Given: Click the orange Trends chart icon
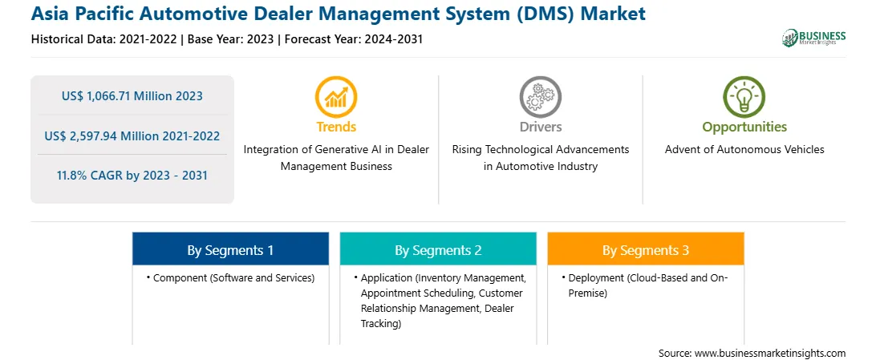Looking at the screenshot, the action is pyautogui.click(x=336, y=97).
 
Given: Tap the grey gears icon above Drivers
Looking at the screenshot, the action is pyautogui.click(x=540, y=97).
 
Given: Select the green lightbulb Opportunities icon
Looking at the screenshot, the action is pyautogui.click(x=744, y=97).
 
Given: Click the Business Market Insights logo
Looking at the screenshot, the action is pyautogui.click(x=814, y=38).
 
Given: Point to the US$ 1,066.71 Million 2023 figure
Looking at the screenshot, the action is pyautogui.click(x=132, y=96).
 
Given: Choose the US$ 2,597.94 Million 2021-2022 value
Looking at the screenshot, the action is pyautogui.click(x=132, y=136).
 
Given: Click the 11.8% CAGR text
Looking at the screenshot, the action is pyautogui.click(x=132, y=176).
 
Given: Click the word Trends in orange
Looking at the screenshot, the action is pyautogui.click(x=336, y=127).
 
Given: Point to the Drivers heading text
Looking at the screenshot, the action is pyautogui.click(x=541, y=127).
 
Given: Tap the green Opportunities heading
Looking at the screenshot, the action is pyautogui.click(x=744, y=127).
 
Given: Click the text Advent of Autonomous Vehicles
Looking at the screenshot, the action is pyautogui.click(x=744, y=150).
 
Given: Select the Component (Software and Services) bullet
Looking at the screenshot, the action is pyautogui.click(x=231, y=277).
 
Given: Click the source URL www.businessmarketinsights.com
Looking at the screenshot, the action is pyautogui.click(x=770, y=353).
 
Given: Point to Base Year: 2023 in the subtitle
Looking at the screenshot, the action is pyautogui.click(x=231, y=39).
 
